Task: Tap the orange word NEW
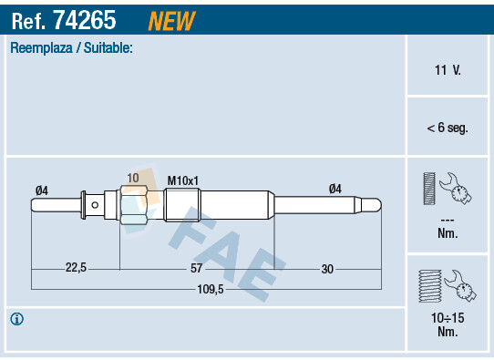(170, 19)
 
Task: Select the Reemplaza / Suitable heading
(71, 47)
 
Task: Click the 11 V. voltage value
(447, 69)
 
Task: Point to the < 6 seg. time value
(447, 128)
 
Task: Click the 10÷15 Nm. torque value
(447, 324)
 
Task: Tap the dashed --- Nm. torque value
(447, 226)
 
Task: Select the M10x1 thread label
(183, 180)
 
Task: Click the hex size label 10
(133, 178)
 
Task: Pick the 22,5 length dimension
(76, 268)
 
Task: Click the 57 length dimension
(196, 268)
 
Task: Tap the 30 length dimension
(327, 268)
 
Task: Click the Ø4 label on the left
(41, 190)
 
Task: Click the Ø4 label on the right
(334, 189)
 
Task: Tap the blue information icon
(16, 319)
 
